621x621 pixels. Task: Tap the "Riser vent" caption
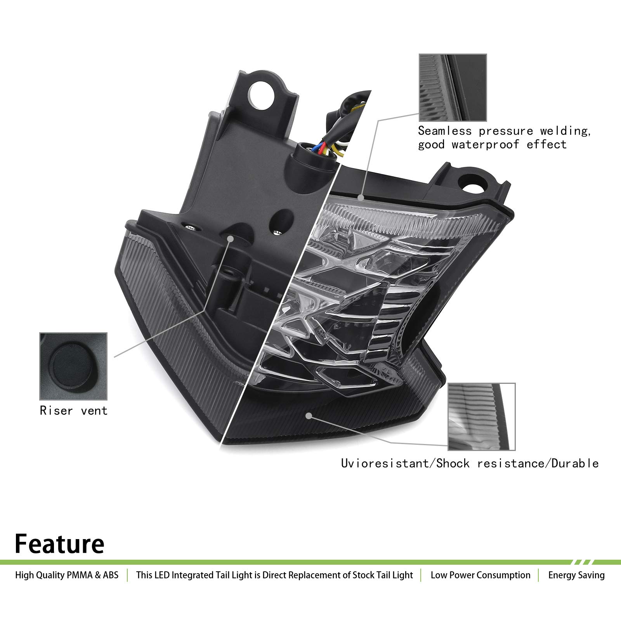coord(73,410)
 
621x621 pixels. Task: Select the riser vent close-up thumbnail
coord(73,366)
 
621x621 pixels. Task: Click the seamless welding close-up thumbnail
coord(453,88)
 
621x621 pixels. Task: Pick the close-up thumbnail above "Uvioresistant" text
coord(482,416)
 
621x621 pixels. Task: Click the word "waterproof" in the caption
coord(485,145)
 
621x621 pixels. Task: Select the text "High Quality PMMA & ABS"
coord(67,575)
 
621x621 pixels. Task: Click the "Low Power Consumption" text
coord(480,575)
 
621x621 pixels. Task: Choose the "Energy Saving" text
coord(576,575)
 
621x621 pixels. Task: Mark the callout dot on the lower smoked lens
coord(309,416)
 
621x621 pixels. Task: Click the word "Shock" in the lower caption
coord(453,463)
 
